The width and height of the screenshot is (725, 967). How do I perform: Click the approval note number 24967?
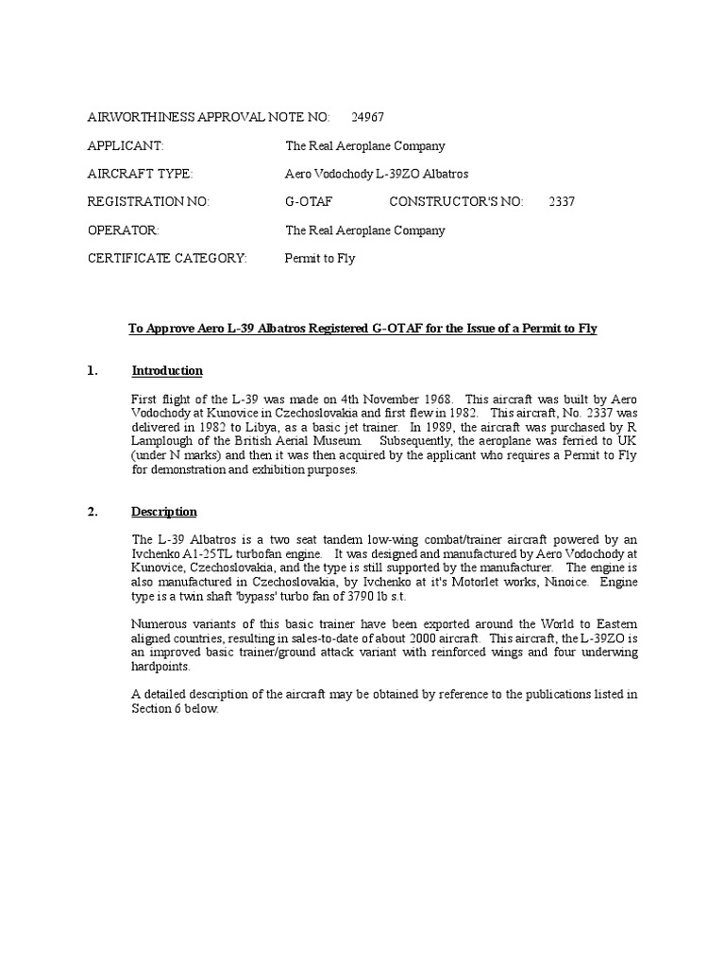(x=367, y=117)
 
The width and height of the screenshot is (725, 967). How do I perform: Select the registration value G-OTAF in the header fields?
(x=308, y=202)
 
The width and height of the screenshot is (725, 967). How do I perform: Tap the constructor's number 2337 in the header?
(x=562, y=202)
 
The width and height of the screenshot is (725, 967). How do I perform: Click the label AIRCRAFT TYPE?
(x=140, y=174)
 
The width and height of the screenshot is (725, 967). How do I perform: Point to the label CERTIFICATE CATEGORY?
(x=167, y=259)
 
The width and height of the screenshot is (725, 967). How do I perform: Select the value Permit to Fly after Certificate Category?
(x=320, y=259)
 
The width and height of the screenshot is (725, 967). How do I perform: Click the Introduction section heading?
(x=167, y=370)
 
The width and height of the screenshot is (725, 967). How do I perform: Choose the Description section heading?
(x=164, y=512)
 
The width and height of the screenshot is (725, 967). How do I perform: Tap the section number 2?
(x=93, y=512)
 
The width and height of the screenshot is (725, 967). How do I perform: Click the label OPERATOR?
(x=124, y=230)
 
